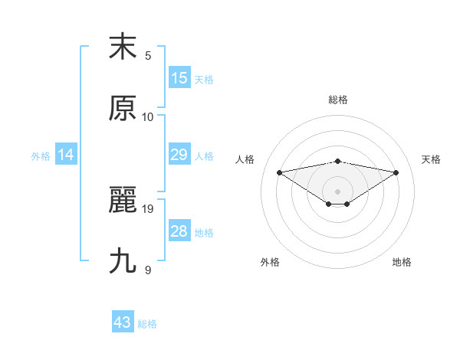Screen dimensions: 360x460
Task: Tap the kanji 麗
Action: click(123, 200)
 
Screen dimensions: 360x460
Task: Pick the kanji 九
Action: click(123, 261)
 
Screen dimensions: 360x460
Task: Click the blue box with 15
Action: click(179, 78)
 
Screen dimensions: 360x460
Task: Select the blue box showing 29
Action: click(179, 155)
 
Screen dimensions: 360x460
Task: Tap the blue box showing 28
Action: click(179, 231)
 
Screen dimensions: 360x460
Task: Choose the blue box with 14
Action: click(66, 155)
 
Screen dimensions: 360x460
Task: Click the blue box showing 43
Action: click(123, 322)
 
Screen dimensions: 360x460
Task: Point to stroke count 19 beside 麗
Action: click(149, 208)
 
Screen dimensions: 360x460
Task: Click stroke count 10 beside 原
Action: click(148, 116)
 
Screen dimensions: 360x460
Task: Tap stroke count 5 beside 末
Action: click(148, 55)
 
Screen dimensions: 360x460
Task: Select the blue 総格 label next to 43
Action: click(147, 324)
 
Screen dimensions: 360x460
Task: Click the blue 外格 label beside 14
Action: click(41, 156)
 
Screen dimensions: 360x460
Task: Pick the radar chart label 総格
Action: click(337, 100)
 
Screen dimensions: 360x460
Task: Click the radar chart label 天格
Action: click(431, 159)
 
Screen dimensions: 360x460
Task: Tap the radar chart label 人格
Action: click(245, 159)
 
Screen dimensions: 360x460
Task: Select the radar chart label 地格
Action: click(402, 262)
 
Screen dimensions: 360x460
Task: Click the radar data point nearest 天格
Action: click(396, 172)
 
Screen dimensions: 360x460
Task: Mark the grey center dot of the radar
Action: click(337, 191)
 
